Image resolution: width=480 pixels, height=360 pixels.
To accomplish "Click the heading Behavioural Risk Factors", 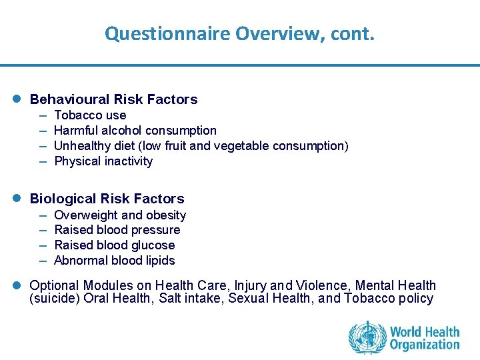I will pos(114,99).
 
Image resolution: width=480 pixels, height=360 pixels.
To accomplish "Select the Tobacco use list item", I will pos(90,115).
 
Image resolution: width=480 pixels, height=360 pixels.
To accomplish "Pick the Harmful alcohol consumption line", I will pos(135,131).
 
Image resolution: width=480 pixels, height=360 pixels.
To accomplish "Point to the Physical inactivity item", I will pos(103,161).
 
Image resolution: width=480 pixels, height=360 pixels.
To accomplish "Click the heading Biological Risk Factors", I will pos(107,199).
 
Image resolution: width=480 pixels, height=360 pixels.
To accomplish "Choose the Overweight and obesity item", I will pos(120,215).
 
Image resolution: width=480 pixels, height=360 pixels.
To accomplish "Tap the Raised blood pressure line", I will pos(117,230).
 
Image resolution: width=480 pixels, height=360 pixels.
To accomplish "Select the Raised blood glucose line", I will pos(115,245).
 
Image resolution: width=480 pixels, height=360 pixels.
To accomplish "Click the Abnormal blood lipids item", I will pos(115,261).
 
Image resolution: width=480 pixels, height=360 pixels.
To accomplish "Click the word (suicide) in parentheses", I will pos(55,299).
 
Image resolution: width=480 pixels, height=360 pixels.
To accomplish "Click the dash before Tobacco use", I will pos(43,115).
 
